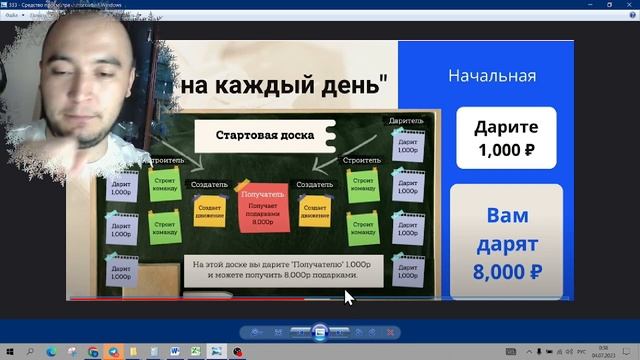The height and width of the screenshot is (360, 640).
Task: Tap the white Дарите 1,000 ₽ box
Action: tap(507, 139)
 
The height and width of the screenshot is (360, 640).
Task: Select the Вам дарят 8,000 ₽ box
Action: tap(507, 242)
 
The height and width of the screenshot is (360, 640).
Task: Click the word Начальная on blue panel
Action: tap(492, 76)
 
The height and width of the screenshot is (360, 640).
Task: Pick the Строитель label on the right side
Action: tap(361, 159)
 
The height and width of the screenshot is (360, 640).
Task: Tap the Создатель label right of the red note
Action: tap(314, 185)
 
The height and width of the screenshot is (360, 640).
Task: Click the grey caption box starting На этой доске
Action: tap(272, 268)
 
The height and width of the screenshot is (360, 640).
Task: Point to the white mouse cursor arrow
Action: tap(349, 297)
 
